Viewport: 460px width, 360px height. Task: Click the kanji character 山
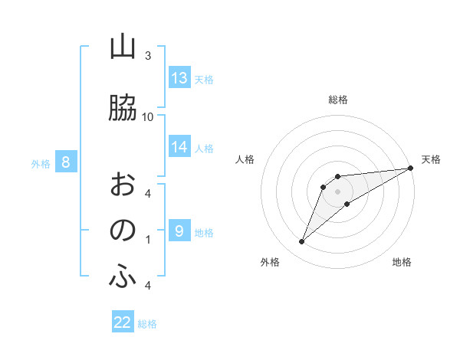tap(122, 47)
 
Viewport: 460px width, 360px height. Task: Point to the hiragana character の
tap(122, 230)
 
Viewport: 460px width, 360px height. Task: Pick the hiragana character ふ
tap(122, 278)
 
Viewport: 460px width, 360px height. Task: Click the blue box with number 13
tap(179, 78)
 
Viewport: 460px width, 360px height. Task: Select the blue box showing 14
tap(179, 147)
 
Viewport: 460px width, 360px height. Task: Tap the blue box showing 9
tap(179, 231)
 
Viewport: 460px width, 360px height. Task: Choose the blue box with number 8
tap(66, 162)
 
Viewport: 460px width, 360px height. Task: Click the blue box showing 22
tap(123, 322)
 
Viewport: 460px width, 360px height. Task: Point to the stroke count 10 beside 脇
tap(148, 116)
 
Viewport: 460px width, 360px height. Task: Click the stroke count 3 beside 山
tap(148, 56)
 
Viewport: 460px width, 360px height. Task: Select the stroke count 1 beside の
tap(148, 240)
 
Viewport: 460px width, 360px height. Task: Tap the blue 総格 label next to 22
tap(147, 324)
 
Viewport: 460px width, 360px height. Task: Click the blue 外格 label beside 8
tap(41, 163)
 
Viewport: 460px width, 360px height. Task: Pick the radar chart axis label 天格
tap(431, 159)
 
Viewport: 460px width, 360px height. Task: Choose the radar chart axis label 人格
tap(245, 159)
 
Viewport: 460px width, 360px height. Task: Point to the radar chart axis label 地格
tap(402, 262)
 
